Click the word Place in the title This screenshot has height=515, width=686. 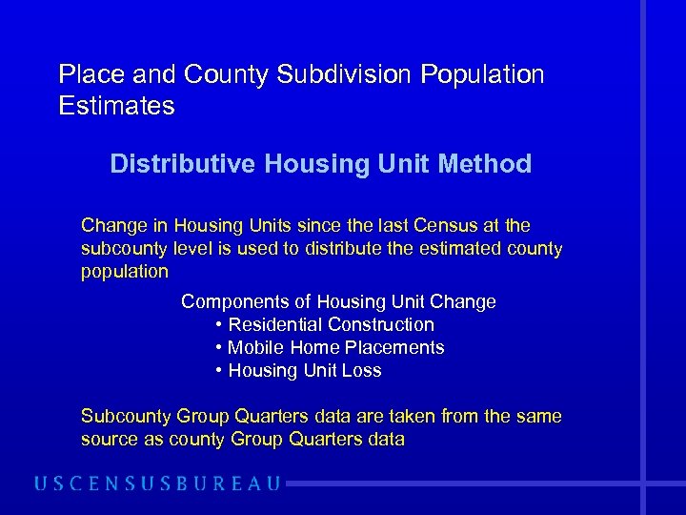point(88,74)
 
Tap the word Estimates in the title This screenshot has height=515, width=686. point(116,106)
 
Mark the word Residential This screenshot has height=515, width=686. point(274,324)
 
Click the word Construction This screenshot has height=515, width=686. point(380,324)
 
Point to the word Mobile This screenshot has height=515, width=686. point(254,347)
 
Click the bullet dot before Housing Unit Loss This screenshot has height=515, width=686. point(219,371)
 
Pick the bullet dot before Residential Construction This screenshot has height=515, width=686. point(219,325)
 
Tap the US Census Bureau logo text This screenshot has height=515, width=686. point(157,484)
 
